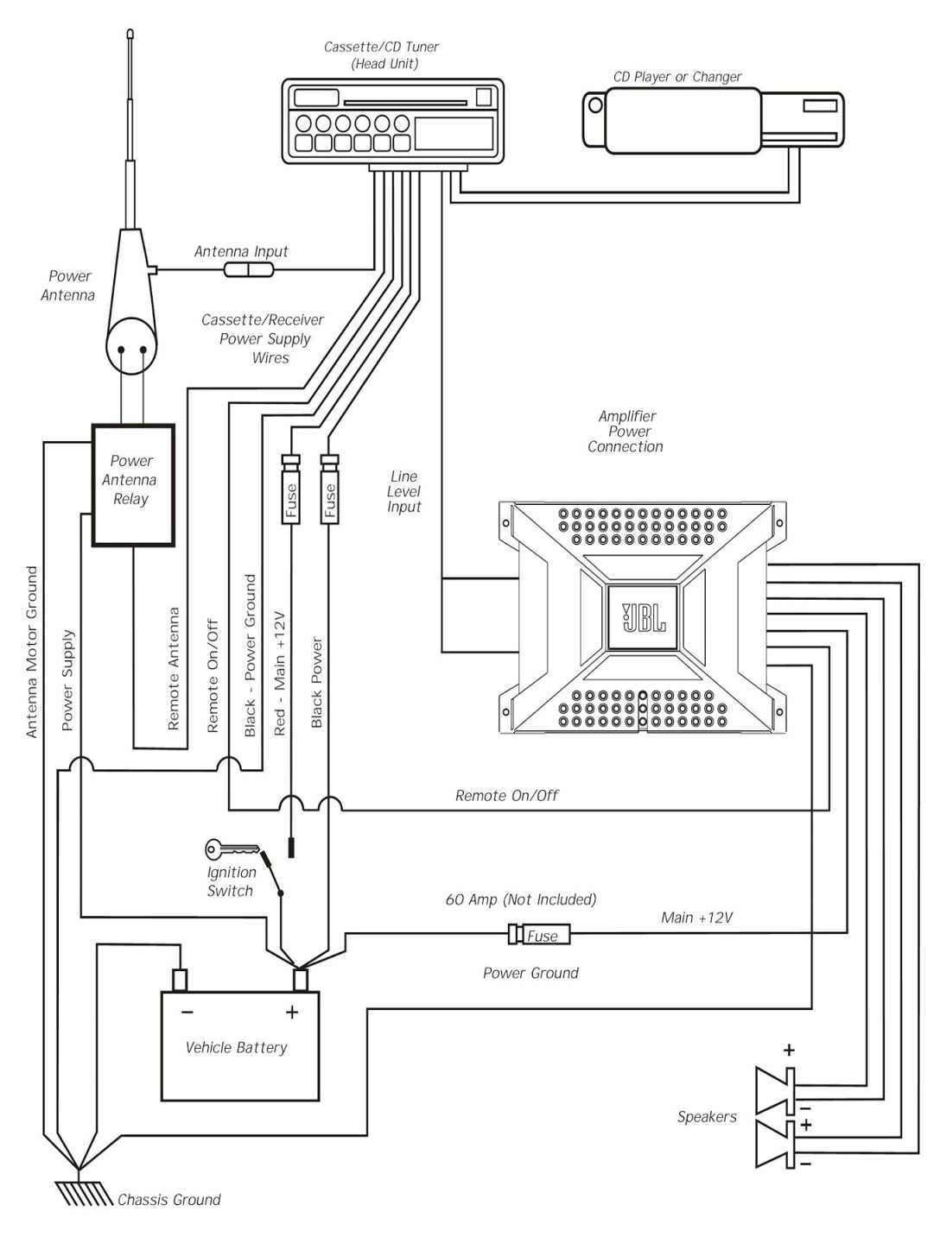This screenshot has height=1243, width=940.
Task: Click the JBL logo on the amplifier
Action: (644, 617)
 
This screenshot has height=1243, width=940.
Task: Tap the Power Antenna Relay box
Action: (133, 485)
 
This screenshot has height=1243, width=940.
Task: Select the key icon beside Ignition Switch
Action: (230, 849)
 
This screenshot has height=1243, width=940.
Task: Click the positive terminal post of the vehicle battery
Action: (301, 981)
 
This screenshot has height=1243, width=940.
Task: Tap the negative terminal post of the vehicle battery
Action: (180, 981)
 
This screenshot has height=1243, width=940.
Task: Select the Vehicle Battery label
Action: (236, 1047)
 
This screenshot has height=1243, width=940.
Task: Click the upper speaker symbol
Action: (775, 1090)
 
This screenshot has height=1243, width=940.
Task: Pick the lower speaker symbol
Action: (775, 1144)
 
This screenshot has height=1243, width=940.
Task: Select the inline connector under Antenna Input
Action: (249, 270)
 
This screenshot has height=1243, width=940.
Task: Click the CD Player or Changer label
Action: (677, 77)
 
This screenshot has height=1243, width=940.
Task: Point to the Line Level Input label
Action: (403, 491)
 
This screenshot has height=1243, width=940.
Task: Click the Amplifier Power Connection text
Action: (626, 432)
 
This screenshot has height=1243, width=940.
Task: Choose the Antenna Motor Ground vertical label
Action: (32, 652)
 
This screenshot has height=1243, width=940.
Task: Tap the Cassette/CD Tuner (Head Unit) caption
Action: (382, 55)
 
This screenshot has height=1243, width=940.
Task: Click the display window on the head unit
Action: (454, 134)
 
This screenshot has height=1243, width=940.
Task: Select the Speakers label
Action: (707, 1117)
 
